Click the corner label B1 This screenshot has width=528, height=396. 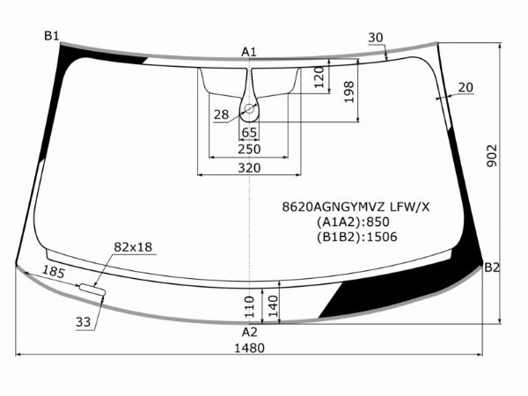[52, 35]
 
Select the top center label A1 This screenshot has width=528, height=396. [249, 52]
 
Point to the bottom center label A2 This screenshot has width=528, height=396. [250, 332]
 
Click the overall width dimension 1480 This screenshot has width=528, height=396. [250, 348]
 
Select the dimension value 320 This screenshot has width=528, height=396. [250, 167]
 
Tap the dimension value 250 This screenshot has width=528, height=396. [250, 149]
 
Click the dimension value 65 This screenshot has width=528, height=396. [250, 132]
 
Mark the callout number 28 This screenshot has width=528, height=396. [221, 114]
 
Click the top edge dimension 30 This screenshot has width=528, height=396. [376, 37]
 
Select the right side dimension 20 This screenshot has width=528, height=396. [466, 87]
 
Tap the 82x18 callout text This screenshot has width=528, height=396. [133, 247]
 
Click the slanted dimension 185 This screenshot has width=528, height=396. [54, 273]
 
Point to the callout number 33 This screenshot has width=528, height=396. [83, 322]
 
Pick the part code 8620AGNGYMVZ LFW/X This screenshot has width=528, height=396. [356, 207]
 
